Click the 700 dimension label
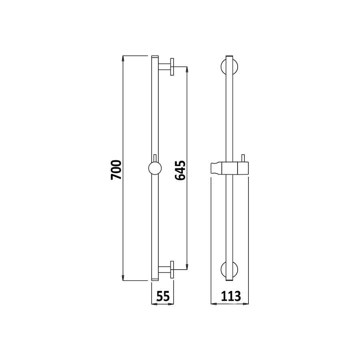pos(116,170)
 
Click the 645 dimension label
pos(180,170)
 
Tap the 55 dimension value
pos(163,296)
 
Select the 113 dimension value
pos(231,296)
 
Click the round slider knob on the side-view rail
pos(155,168)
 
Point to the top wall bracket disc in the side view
pos(172,67)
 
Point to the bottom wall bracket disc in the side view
pos(172,270)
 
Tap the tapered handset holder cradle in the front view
pos(216,168)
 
